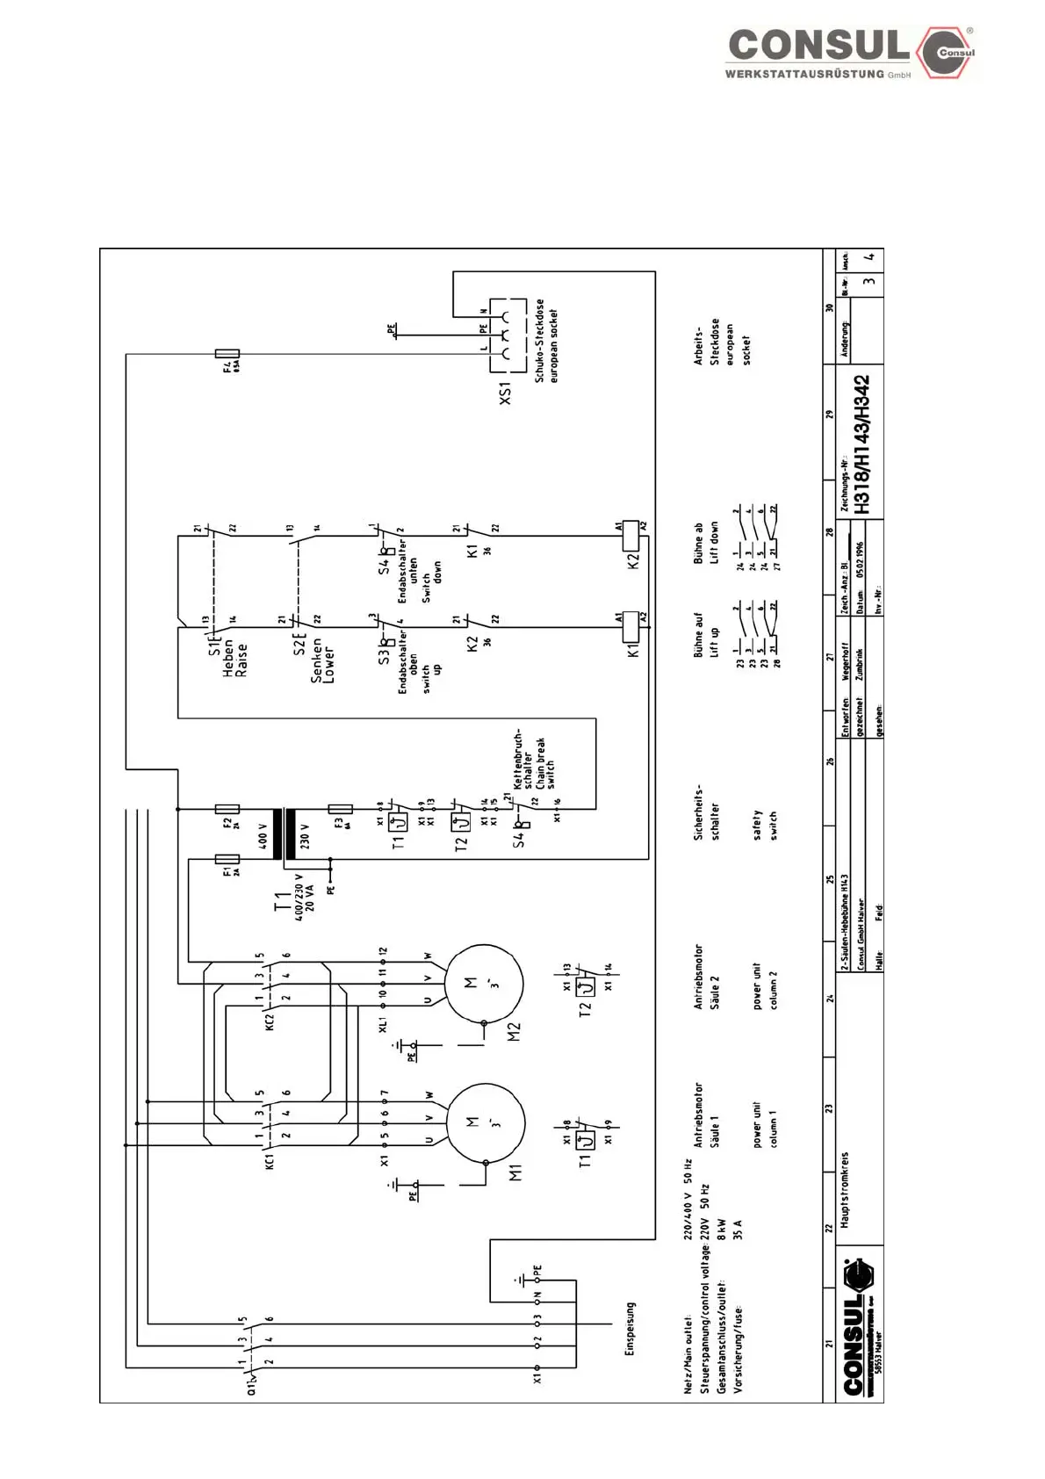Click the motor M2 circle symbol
[x=484, y=983]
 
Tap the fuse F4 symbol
[x=227, y=354]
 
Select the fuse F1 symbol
[x=227, y=859]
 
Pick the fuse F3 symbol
[x=340, y=809]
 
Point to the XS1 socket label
[x=505, y=393]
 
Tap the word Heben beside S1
[x=228, y=657]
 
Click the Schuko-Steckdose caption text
[x=539, y=341]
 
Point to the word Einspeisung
[x=629, y=1328]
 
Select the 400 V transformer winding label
[x=263, y=835]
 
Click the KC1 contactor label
[x=270, y=1159]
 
